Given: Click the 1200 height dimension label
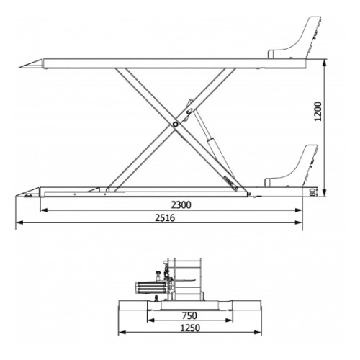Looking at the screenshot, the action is tap(318, 112).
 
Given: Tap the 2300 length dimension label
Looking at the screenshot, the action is tap(181, 205).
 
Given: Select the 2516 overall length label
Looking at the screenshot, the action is tap(165, 218).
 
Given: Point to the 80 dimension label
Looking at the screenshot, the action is tap(312, 192).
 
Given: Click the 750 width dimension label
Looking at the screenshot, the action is tap(189, 315).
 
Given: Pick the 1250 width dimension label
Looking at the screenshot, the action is tap(190, 328).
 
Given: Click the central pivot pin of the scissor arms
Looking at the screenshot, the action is tap(176, 125).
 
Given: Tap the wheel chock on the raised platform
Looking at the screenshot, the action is tap(294, 37).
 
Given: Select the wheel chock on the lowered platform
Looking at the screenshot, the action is tap(291, 166).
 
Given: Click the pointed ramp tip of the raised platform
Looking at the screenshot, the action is tap(19, 68).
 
